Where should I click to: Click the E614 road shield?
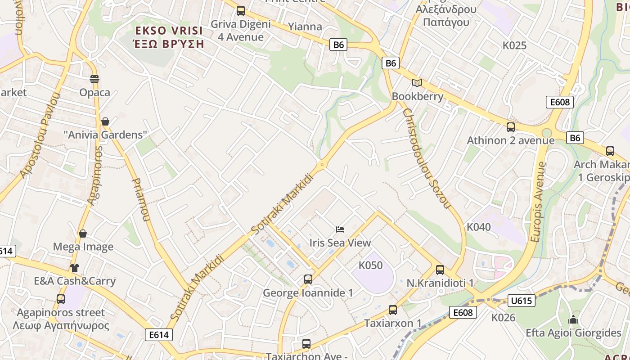(x=159, y=334)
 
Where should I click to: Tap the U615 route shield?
(x=522, y=301)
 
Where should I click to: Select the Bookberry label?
(x=417, y=96)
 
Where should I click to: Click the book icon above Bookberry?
(x=417, y=83)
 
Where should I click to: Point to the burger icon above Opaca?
(x=94, y=79)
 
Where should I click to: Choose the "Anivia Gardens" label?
(x=105, y=135)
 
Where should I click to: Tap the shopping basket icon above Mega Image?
(x=83, y=234)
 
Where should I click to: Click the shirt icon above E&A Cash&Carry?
(x=75, y=268)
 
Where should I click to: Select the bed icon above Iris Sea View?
(x=340, y=230)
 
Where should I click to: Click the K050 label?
(x=370, y=265)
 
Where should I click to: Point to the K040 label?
(x=479, y=227)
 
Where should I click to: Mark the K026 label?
(x=503, y=318)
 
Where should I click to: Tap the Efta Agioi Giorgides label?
(x=573, y=333)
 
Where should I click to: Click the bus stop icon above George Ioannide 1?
(x=308, y=279)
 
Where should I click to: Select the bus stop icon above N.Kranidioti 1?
(x=440, y=270)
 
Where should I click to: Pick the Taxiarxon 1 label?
(x=393, y=323)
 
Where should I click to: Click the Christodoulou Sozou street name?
(x=426, y=158)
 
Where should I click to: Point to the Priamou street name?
(x=140, y=199)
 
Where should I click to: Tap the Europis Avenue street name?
(x=538, y=202)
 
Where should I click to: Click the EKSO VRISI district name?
(x=170, y=31)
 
